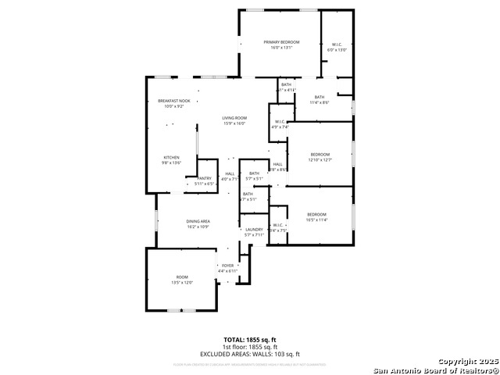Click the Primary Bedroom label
pyautogui.click(x=281, y=42)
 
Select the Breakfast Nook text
pyautogui.click(x=173, y=101)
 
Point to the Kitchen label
pyautogui.click(x=171, y=157)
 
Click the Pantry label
pyautogui.click(x=204, y=178)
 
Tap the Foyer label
pyautogui.click(x=228, y=266)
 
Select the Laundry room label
pyautogui.click(x=254, y=229)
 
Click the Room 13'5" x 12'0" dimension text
pyautogui.click(x=182, y=282)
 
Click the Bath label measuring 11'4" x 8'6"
pyautogui.click(x=320, y=97)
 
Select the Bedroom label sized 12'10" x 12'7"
pyautogui.click(x=320, y=155)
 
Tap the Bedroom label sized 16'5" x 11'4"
pyautogui.click(x=316, y=214)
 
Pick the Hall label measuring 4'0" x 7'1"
pyautogui.click(x=230, y=173)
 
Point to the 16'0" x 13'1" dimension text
pyautogui.click(x=281, y=48)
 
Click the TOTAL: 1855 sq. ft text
pyautogui.click(x=250, y=341)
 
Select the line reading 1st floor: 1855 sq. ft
pyautogui.click(x=250, y=347)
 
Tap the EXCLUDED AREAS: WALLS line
pyautogui.click(x=250, y=354)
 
